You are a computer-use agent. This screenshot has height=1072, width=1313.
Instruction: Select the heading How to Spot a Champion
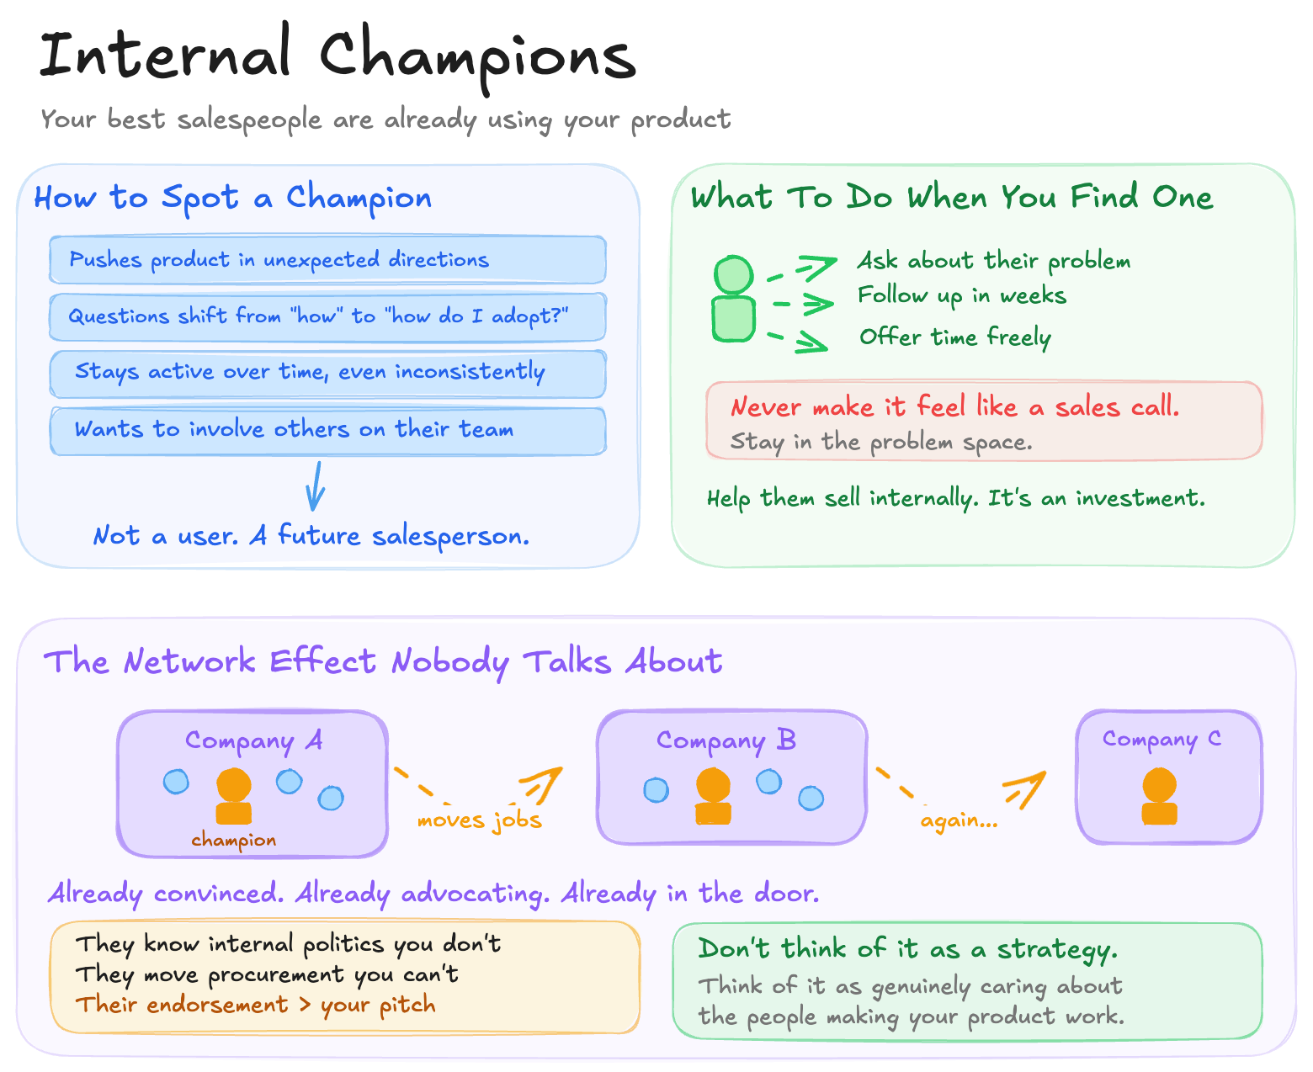point(232,199)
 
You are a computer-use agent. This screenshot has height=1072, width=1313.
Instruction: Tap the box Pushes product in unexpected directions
point(327,260)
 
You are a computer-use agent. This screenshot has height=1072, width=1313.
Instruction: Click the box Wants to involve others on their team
point(327,431)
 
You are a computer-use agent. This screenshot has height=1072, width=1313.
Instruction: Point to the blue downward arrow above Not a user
point(316,486)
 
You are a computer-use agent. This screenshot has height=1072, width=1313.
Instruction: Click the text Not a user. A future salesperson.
point(311,536)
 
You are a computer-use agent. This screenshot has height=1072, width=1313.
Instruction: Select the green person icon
point(734,299)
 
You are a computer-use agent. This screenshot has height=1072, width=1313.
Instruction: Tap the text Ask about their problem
point(993,261)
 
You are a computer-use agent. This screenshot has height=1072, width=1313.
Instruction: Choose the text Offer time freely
point(954,337)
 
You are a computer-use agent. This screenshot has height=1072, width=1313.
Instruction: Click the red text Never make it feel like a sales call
point(954,407)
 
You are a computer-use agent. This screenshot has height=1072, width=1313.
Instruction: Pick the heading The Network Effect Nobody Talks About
point(383,662)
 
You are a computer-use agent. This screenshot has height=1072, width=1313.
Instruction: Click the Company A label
point(253,740)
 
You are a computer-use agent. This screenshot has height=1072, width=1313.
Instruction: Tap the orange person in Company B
point(713,796)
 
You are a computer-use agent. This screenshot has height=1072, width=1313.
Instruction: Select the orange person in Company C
point(1159,796)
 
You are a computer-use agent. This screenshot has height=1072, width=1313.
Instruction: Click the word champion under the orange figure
point(233,840)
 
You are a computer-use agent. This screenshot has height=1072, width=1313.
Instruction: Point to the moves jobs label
point(479,820)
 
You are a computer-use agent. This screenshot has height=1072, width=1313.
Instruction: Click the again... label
point(959,820)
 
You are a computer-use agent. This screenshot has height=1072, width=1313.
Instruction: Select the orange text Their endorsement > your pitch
point(256,1005)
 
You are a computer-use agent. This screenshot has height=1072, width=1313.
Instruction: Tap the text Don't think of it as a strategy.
point(907,949)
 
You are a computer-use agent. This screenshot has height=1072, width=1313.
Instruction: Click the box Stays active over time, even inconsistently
point(327,373)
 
